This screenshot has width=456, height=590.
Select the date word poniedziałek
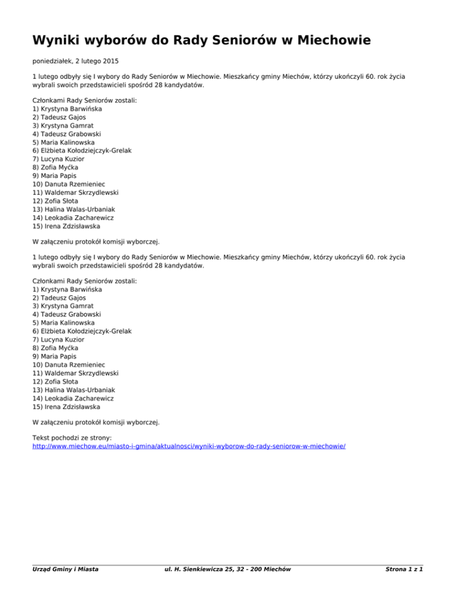tap(56, 61)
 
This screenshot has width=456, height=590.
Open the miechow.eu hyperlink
tap(189, 444)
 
